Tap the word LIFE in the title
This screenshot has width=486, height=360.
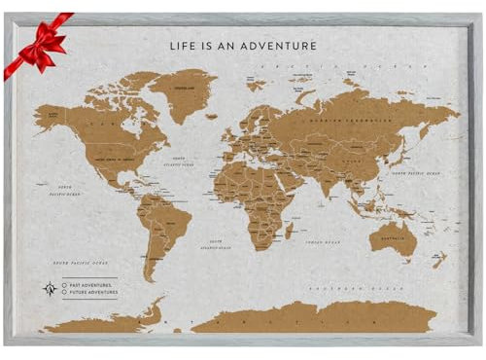(x=184, y=44)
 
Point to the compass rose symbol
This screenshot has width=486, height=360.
(x=49, y=287)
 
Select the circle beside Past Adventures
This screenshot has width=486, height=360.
(x=64, y=283)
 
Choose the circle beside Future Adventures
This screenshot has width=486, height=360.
(x=64, y=291)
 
